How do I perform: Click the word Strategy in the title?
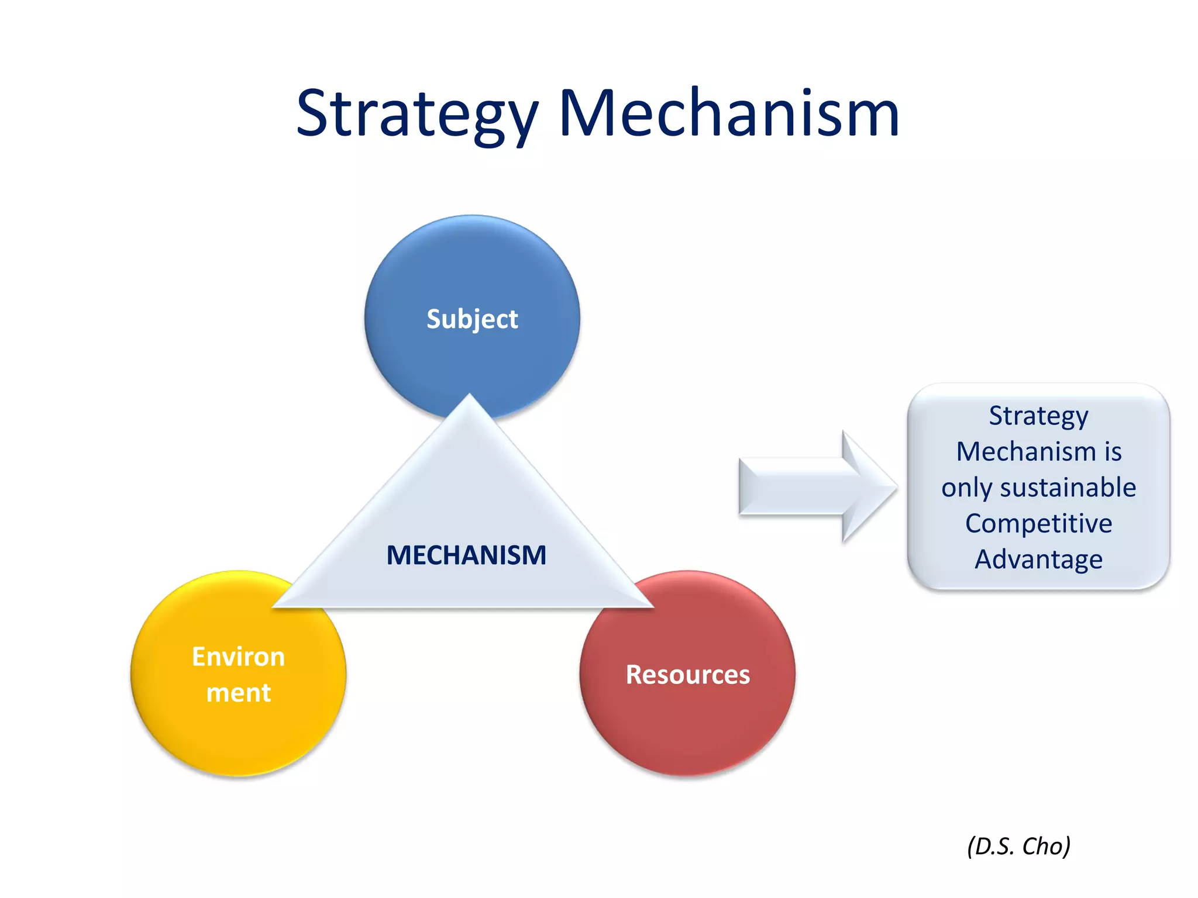[x=416, y=114]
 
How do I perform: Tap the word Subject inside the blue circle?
[x=472, y=319]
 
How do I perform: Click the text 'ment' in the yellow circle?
[x=238, y=693]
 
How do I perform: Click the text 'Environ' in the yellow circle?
[x=238, y=657]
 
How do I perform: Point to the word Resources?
[x=687, y=675]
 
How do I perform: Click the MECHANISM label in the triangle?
[x=466, y=555]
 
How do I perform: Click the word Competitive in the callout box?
[x=1038, y=523]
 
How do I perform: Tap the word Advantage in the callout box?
[x=1038, y=559]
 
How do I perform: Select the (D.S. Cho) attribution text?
[x=1018, y=846]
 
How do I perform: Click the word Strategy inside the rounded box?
[x=1038, y=416]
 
